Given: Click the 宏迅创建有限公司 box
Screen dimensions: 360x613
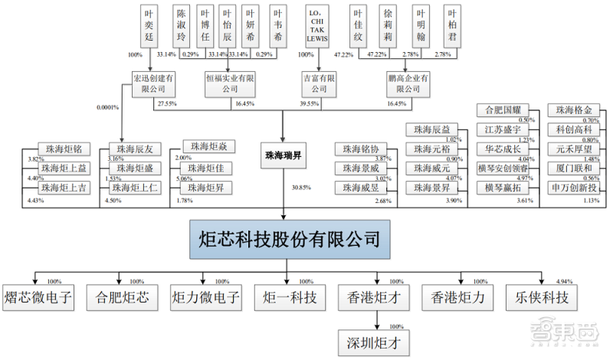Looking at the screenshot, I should [x=154, y=83].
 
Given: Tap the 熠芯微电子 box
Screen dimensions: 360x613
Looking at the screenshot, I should [x=38, y=296].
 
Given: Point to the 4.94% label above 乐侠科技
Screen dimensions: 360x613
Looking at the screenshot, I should [x=564, y=282].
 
